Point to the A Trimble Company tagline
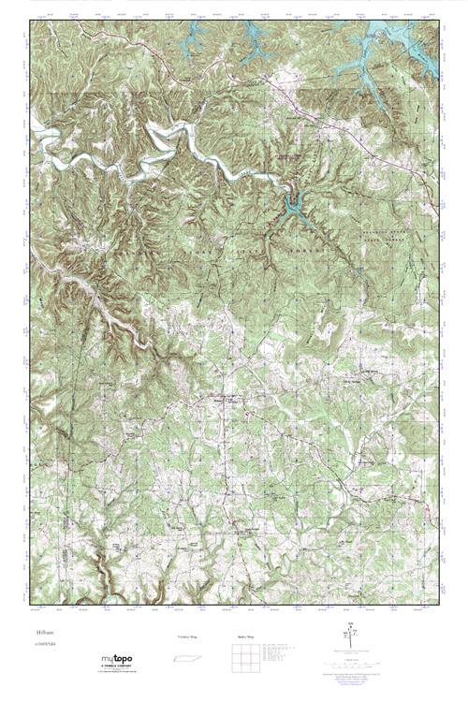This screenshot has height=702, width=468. (118, 668)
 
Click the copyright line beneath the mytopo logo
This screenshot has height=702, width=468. (117, 673)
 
